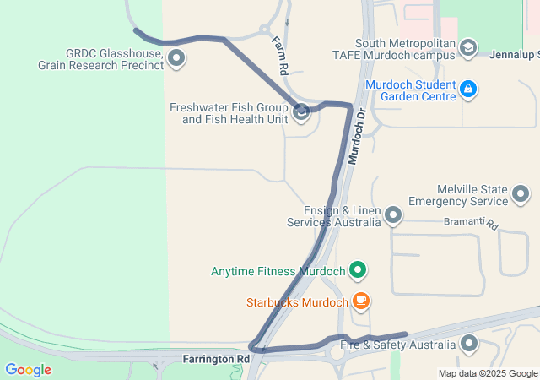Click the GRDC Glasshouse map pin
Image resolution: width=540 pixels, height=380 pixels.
pos(176,58)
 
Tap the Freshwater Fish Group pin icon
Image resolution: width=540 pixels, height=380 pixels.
pos(301,113)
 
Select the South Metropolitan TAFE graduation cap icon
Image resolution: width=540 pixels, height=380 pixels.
pos(467,49)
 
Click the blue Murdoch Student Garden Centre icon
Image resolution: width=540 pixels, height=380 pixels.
pos(469,89)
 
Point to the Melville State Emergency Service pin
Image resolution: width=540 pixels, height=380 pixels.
pos(521,195)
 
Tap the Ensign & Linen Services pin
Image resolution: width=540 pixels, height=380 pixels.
pos(393,216)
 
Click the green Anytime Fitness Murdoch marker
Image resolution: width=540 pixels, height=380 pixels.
pos(358,271)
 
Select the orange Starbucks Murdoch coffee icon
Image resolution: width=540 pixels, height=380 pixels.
pos(360,301)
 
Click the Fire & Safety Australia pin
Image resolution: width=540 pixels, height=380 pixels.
pos(468,345)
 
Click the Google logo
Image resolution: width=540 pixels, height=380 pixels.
pos(28,370)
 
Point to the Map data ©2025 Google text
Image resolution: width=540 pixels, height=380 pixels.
pos(488,373)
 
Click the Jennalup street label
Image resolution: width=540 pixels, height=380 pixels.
pos(514,56)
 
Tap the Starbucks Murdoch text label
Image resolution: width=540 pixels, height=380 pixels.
pos(297,302)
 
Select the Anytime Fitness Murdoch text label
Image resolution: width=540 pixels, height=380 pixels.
pos(279,272)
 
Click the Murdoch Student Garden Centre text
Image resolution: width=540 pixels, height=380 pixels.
pos(412,90)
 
